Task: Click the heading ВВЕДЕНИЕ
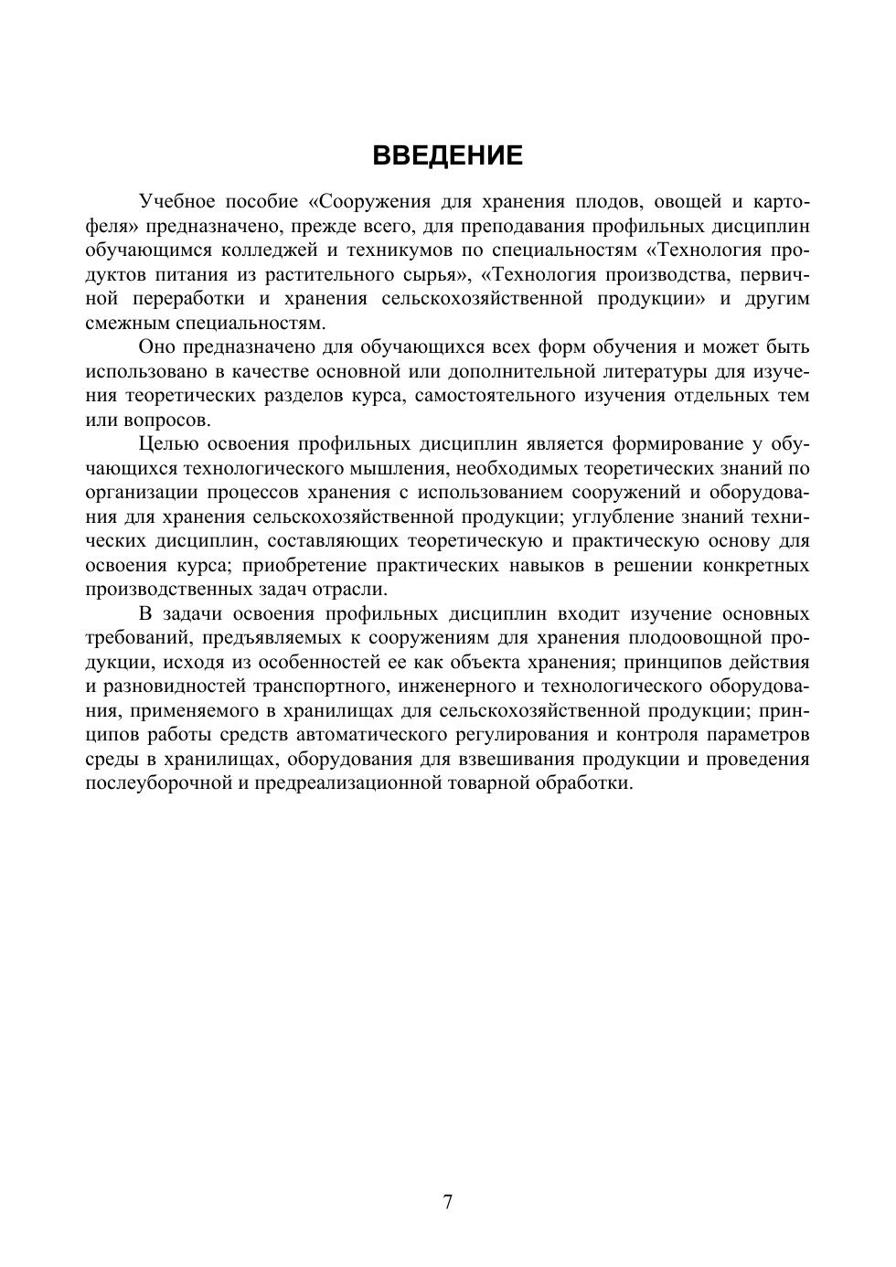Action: point(447,155)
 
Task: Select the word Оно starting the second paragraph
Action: point(155,347)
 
